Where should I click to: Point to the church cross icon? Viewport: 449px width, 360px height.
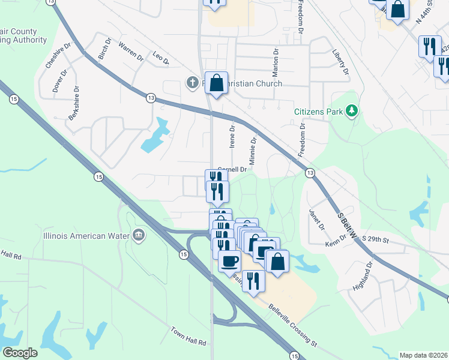192,82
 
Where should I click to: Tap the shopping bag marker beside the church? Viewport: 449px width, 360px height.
216,84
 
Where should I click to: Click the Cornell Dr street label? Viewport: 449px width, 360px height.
232,170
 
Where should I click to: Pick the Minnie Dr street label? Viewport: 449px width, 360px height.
253,151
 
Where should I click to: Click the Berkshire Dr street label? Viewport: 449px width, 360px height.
74,103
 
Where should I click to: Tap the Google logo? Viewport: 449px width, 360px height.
20,353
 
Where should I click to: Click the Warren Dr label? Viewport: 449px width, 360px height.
130,52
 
